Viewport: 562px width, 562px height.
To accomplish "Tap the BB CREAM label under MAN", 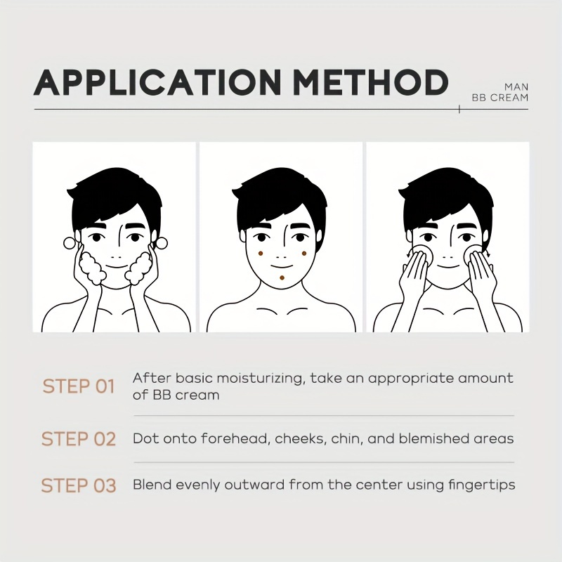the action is coord(500,98).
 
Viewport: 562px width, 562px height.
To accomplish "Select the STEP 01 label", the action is coord(79,386).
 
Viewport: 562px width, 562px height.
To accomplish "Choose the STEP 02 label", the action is coord(79,439).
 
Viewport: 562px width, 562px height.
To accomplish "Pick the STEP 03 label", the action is coord(79,485).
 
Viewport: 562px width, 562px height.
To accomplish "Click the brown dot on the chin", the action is coord(282,277).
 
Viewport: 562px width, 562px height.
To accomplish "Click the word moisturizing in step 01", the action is coord(260,379).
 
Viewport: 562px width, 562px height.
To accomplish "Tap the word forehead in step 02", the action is coord(235,438).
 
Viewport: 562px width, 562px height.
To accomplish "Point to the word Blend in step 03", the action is coord(152,485).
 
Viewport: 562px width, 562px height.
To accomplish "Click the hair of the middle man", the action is coord(280,201).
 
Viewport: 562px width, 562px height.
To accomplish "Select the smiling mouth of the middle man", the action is coord(282,267).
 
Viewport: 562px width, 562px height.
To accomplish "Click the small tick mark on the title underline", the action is coord(459,110).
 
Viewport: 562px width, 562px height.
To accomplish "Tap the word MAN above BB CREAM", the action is coord(516,87).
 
